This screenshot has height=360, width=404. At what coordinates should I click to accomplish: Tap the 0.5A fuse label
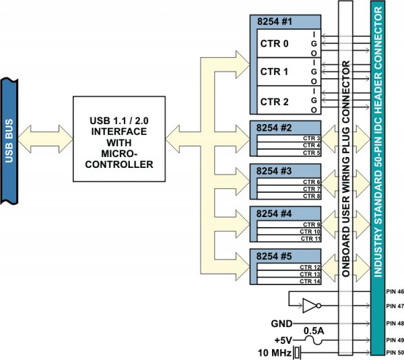coord(314,331)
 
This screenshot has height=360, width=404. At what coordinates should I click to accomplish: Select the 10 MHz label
coord(276,353)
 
